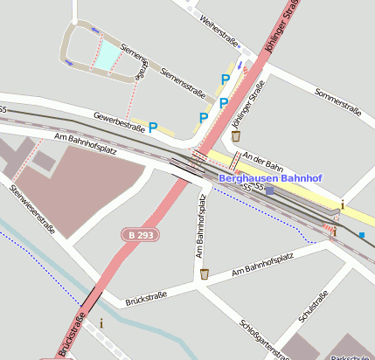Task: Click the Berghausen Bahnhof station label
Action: coord(270,178)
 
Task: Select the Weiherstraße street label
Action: coord(219,31)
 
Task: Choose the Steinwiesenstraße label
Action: coord(33,210)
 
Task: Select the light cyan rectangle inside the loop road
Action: coord(108,56)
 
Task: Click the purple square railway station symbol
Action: coord(270,190)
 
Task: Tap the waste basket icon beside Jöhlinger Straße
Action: coord(235,135)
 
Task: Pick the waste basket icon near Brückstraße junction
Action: coord(205,274)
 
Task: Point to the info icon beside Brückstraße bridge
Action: coord(101,322)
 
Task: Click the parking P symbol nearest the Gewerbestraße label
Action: coord(153,128)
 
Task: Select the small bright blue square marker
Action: coord(362,234)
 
